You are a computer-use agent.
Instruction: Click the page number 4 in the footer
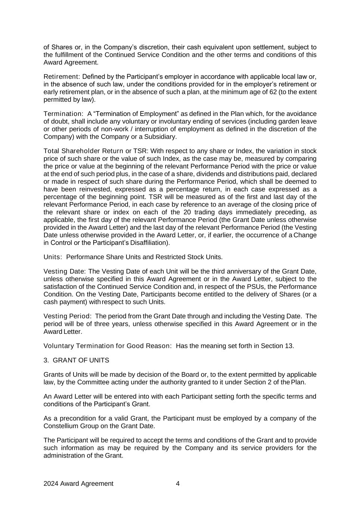(178, 484)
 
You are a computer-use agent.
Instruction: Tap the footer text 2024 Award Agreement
(78, 484)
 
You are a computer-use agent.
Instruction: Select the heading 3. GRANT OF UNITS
(76, 360)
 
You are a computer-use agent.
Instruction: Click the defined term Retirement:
(62, 77)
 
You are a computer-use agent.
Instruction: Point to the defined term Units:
(53, 257)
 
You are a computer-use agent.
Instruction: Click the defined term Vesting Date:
(65, 271)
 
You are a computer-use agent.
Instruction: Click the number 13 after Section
(289, 346)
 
